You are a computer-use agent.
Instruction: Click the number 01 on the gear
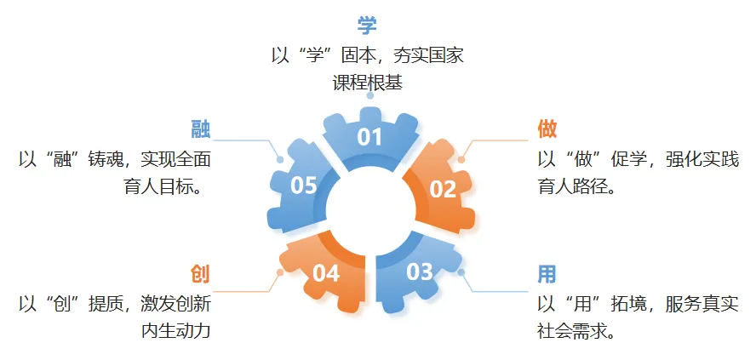pos(369,136)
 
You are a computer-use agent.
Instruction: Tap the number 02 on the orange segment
pos(443,189)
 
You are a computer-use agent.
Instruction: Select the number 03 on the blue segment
pos(419,271)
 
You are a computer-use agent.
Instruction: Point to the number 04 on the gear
pos(326,273)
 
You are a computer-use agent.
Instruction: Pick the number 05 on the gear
pos(304,185)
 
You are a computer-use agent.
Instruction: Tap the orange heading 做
pos(547,129)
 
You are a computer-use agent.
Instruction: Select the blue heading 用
pos(547,274)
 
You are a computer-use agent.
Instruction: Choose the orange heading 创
pos(200,274)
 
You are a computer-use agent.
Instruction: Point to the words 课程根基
pos(367,83)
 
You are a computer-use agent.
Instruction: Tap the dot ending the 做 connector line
pos(461,158)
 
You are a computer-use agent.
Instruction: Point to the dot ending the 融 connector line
pos(279,158)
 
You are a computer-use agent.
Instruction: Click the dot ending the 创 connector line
pos(279,272)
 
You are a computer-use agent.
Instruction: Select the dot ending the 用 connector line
pos(461,272)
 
